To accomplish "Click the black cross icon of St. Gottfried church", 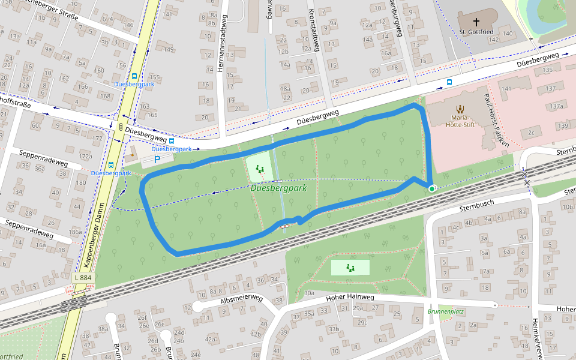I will click(x=476, y=20).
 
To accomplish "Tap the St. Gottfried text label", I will click(x=476, y=31).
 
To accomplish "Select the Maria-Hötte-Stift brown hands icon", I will click(x=461, y=109).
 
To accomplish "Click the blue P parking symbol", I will click(x=157, y=160).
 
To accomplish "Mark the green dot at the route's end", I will click(x=431, y=189).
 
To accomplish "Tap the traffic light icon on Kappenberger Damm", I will click(x=121, y=127).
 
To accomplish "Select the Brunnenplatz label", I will click(x=446, y=312).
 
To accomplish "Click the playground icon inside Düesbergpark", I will click(x=259, y=170).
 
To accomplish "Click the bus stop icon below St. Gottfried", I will click(x=449, y=82).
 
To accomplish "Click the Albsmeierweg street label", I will click(x=242, y=298).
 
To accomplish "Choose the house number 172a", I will click(x=86, y=156).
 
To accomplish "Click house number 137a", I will click(x=557, y=106).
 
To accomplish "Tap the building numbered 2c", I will click(x=531, y=133).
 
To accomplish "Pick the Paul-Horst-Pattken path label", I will click(x=499, y=120).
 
